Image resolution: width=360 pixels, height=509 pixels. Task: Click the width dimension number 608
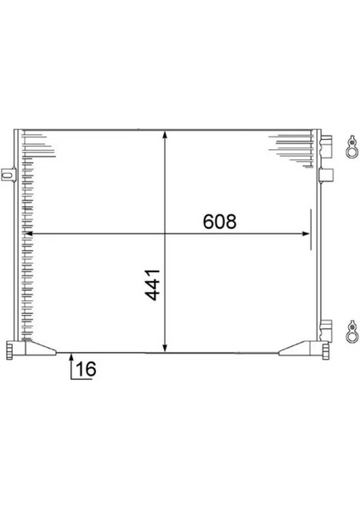pos(218,221)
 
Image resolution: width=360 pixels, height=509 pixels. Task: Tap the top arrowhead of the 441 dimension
pos(165,137)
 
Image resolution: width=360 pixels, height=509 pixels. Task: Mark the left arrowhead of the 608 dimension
pos(31,232)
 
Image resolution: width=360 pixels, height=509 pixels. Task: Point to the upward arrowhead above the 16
pos(71,357)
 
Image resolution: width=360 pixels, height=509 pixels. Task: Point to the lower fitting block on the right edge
pos(324,327)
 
